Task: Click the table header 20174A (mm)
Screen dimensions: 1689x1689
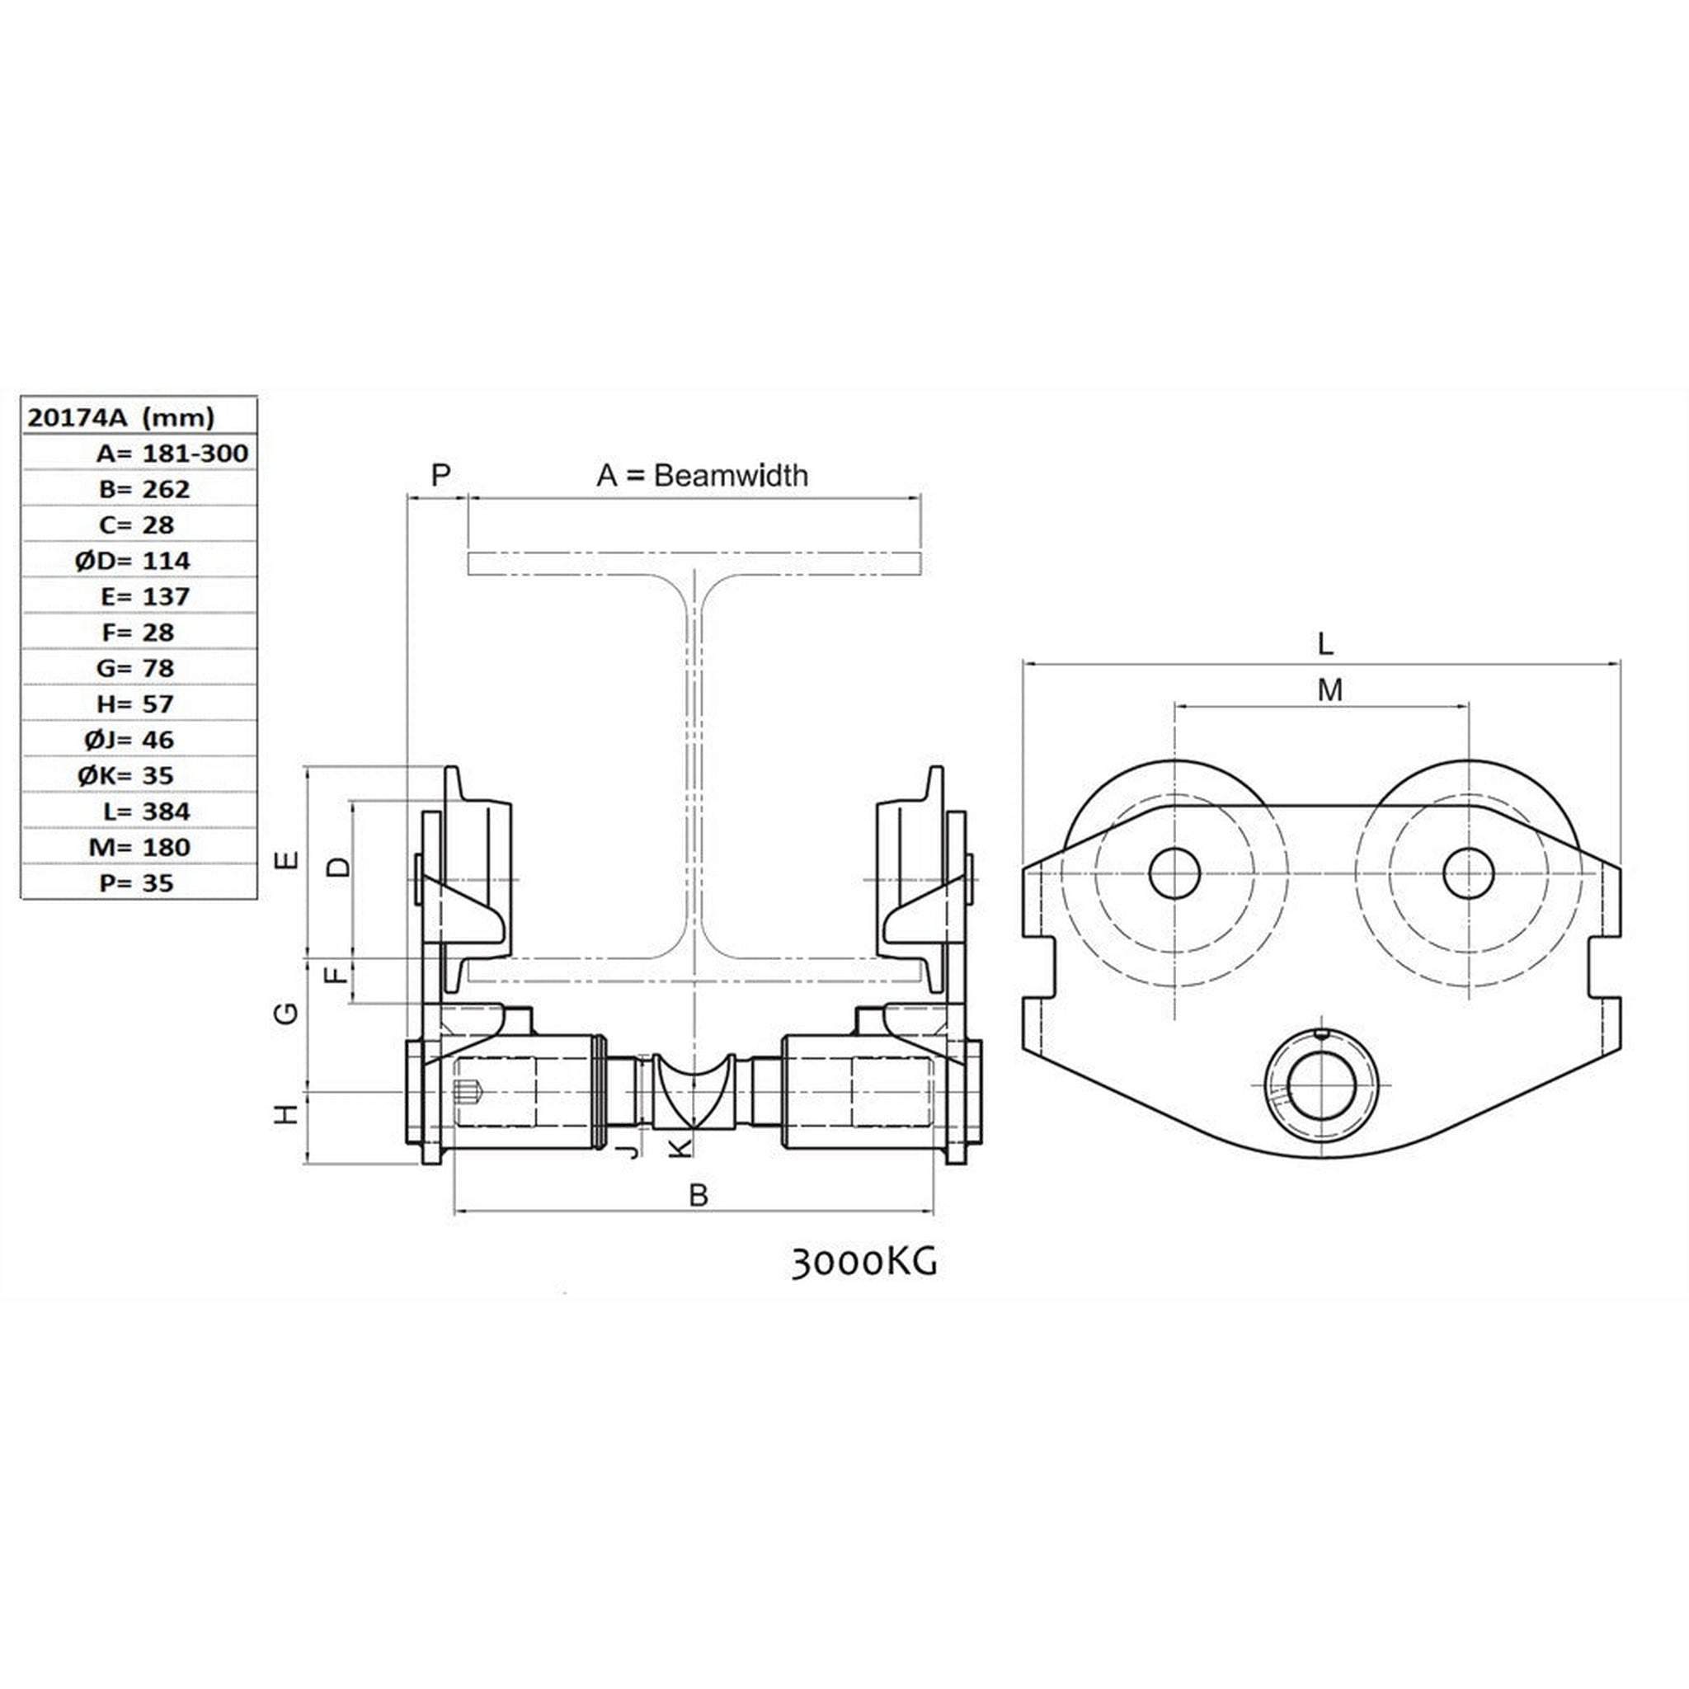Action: pos(120,417)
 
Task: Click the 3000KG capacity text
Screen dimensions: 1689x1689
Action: pos(863,1263)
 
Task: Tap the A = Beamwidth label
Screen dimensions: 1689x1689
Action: pos(702,476)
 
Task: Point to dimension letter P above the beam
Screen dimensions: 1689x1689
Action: pos(440,476)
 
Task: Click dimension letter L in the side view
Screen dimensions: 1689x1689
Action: pos(1325,644)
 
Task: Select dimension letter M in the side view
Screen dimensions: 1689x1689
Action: pos(1329,690)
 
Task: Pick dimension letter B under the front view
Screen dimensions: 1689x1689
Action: pos(698,1195)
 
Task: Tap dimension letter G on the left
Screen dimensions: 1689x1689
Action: pos(287,1013)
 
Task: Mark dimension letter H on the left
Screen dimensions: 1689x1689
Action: pos(287,1115)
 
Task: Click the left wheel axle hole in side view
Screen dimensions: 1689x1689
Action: pos(1174,873)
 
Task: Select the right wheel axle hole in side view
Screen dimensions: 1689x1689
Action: pos(1469,873)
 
